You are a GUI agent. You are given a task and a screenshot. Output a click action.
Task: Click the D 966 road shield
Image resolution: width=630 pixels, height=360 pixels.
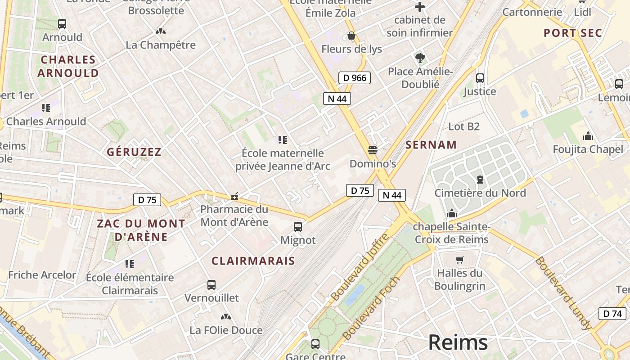pyautogui.click(x=355, y=78)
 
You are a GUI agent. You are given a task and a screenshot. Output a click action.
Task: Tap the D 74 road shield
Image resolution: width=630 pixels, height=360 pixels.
pyautogui.click(x=612, y=314)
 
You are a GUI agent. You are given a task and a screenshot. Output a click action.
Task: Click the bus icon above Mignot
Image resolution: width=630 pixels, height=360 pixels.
pyautogui.click(x=298, y=227)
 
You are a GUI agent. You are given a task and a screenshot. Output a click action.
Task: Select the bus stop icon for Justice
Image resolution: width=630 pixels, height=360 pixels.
pyautogui.click(x=480, y=78)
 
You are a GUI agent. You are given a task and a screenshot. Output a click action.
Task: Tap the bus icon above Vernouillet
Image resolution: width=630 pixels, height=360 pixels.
pyautogui.click(x=211, y=284)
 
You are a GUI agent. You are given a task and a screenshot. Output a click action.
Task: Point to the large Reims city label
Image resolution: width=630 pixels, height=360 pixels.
pyautogui.click(x=458, y=342)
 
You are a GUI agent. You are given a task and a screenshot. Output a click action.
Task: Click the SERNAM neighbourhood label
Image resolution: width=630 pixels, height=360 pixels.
pyautogui.click(x=431, y=145)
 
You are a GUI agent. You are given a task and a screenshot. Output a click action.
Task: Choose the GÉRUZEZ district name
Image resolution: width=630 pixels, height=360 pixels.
pyautogui.click(x=134, y=152)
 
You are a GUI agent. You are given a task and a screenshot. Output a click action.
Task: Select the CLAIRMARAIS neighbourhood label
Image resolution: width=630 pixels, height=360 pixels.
pyautogui.click(x=253, y=261)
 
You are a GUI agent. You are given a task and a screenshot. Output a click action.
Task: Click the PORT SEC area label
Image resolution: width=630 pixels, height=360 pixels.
pyautogui.click(x=572, y=33)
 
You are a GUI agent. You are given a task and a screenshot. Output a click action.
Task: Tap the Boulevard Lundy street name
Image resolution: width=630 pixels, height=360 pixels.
pyautogui.click(x=563, y=293)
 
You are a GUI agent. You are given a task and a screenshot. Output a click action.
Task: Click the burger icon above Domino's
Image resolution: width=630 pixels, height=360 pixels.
pyautogui.click(x=373, y=150)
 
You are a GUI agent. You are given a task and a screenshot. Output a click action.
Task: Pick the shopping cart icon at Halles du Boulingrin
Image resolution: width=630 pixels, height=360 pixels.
pyautogui.click(x=459, y=260)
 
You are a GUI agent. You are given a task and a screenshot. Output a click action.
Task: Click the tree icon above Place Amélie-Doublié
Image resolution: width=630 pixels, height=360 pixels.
pyautogui.click(x=420, y=58)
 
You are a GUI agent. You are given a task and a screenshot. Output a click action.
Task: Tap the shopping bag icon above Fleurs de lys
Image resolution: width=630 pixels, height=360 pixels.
pyautogui.click(x=351, y=36)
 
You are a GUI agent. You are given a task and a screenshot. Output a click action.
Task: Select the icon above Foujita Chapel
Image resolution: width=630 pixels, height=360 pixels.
pyautogui.click(x=588, y=136)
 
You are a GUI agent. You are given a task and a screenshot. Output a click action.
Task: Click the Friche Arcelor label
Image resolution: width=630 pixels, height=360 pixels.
pyautogui.click(x=42, y=275)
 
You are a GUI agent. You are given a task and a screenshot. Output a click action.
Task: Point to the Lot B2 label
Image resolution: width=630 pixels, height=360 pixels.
pyautogui.click(x=464, y=126)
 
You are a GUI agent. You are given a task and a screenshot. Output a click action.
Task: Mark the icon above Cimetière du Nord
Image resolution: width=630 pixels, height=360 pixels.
pyautogui.click(x=480, y=180)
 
